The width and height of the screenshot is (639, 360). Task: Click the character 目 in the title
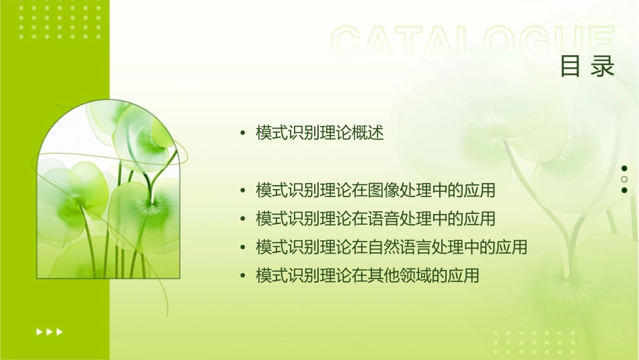pyautogui.click(x=570, y=67)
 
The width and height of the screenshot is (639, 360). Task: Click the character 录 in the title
pyautogui.click(x=603, y=67)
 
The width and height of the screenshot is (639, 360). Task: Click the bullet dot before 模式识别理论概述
pyautogui.click(x=243, y=134)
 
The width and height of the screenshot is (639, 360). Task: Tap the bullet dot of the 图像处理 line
pyautogui.click(x=243, y=191)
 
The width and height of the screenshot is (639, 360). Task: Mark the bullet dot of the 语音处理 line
pyautogui.click(x=243, y=219)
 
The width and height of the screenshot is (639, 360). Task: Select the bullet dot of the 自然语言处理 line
pyautogui.click(x=243, y=248)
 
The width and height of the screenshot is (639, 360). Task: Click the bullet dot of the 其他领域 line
pyautogui.click(x=243, y=276)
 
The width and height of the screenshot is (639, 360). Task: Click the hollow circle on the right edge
pyautogui.click(x=624, y=179)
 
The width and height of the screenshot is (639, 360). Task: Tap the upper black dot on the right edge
pyautogui.click(x=624, y=168)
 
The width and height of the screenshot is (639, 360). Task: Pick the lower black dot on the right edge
pyautogui.click(x=624, y=190)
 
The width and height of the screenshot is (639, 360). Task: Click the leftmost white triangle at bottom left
pyautogui.click(x=39, y=332)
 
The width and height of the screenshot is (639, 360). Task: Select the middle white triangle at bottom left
pyautogui.click(x=49, y=332)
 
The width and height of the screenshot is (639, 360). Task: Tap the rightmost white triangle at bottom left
pyautogui.click(x=60, y=332)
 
